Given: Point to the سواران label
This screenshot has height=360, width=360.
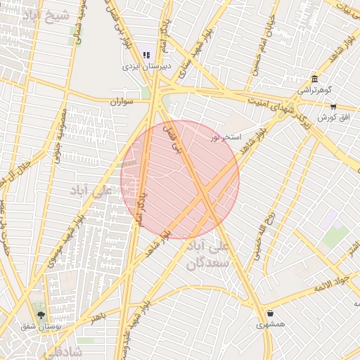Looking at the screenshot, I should [122, 102].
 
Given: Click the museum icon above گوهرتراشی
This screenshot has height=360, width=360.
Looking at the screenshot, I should [313, 79].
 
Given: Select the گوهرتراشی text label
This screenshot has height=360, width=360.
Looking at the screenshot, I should [312, 91].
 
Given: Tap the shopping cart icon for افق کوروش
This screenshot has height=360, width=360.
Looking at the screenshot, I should [333, 107].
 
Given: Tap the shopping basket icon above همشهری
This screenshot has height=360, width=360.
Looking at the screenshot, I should [270, 313].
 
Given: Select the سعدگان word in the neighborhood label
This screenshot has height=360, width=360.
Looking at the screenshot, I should [209, 264].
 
